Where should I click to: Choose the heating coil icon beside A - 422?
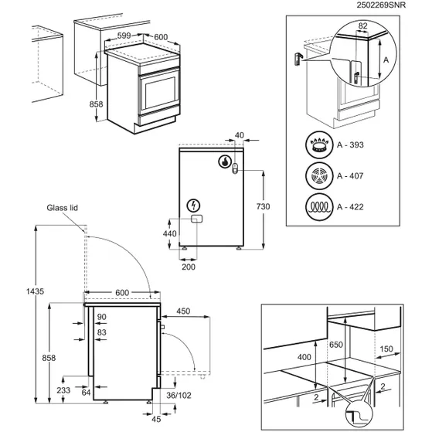(317, 207)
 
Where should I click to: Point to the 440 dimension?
(170, 232)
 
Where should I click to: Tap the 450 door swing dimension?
(182, 311)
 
